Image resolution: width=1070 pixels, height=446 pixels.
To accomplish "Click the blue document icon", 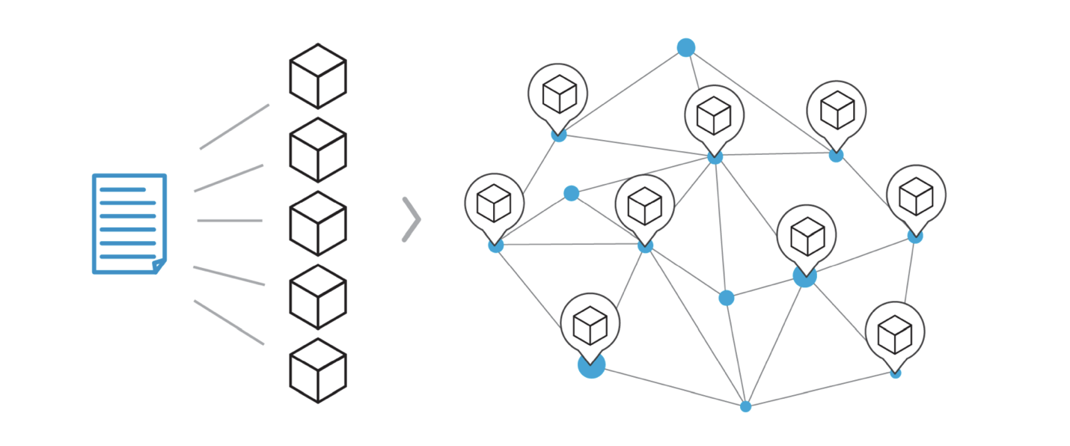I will click(x=129, y=223).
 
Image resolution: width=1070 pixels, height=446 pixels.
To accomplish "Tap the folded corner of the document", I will click(x=159, y=265).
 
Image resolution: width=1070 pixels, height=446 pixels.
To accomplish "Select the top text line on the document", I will click(x=123, y=189).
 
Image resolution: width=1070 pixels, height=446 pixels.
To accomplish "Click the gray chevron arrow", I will click(x=412, y=220).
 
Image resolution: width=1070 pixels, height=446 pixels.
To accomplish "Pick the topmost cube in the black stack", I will click(x=318, y=76).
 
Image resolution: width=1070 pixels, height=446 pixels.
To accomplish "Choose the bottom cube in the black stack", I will click(x=318, y=370).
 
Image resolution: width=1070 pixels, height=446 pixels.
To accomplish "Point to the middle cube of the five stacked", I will click(x=318, y=222).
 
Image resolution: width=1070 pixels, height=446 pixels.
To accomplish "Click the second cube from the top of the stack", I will click(x=318, y=149).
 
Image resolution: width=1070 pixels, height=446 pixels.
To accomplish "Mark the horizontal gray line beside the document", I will click(x=230, y=221).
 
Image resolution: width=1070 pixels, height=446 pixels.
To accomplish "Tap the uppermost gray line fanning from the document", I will click(x=234, y=126).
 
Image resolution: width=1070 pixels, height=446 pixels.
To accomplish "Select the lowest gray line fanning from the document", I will click(x=229, y=323).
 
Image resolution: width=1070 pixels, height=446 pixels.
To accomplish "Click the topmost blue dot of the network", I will click(x=686, y=48).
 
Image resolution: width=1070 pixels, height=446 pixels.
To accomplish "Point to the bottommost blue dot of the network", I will click(x=745, y=406).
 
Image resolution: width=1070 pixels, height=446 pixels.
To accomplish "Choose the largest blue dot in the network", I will click(x=591, y=365).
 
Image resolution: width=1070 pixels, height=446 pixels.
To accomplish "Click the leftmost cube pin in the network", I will click(x=494, y=203).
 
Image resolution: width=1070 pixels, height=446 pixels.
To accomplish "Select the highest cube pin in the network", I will click(x=557, y=94).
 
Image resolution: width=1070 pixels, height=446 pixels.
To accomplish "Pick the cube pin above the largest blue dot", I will click(x=590, y=323).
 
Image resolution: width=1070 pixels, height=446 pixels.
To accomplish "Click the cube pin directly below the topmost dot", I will click(x=714, y=114).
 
